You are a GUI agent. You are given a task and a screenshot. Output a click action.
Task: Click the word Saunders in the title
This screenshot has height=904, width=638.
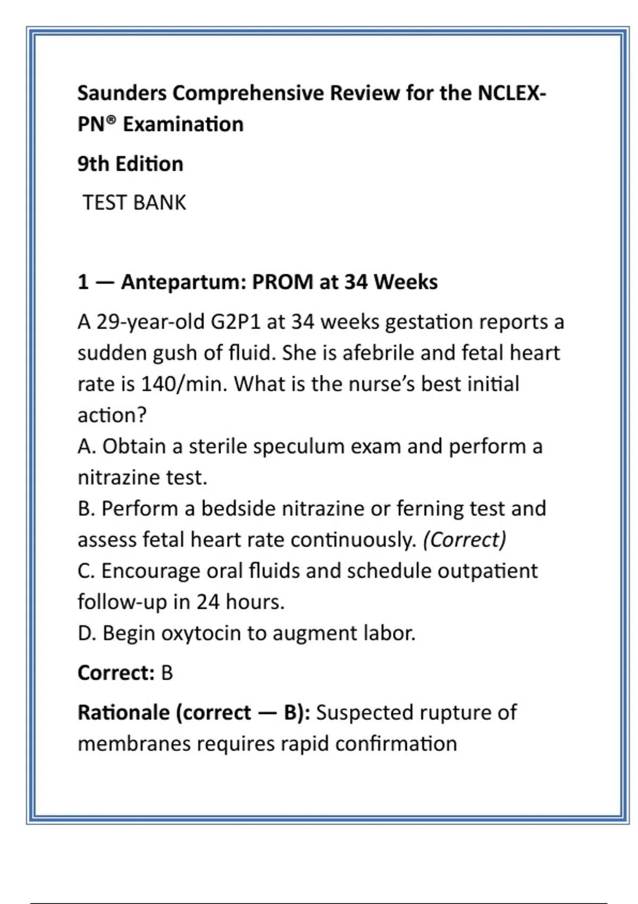122,93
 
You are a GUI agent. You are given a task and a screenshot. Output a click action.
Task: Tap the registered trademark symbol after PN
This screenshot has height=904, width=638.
110,120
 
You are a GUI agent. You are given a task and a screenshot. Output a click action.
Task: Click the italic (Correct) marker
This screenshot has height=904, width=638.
464,540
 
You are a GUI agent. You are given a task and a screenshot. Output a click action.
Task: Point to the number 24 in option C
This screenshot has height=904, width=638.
208,602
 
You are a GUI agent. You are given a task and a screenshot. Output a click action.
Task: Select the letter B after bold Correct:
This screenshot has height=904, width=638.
167,673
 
